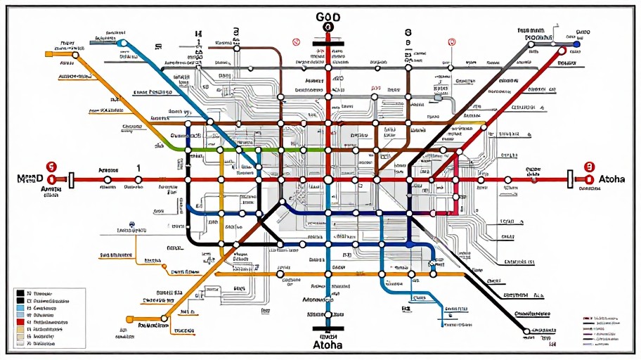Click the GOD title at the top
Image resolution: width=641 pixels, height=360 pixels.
click(x=327, y=15)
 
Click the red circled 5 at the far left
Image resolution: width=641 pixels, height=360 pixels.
click(x=50, y=167)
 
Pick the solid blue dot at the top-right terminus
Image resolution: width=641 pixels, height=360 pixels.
click(x=577, y=44)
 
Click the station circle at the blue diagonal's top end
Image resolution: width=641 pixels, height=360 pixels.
click(x=122, y=43)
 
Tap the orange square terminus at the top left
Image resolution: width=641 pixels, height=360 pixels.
click(x=48, y=53)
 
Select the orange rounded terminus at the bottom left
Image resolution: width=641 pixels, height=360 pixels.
click(x=129, y=319)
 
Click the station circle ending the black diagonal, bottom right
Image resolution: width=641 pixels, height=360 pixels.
click(x=526, y=330)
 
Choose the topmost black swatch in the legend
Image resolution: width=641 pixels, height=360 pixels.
click(x=20, y=292)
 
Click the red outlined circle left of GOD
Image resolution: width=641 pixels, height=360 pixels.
click(x=296, y=42)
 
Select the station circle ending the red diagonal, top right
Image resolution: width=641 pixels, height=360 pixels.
click(x=561, y=50)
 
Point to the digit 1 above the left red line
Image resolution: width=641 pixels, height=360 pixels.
click(x=138, y=168)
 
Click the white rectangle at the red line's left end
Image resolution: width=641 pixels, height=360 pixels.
click(x=71, y=179)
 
